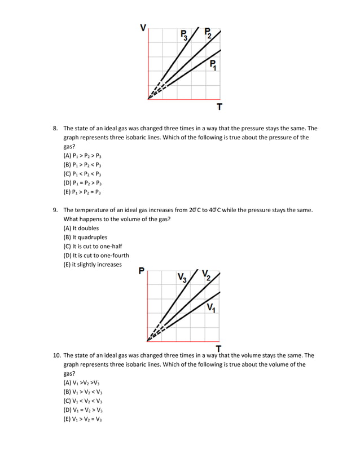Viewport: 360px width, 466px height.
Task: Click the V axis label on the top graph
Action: click(143, 27)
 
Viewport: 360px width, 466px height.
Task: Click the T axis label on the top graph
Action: click(219, 107)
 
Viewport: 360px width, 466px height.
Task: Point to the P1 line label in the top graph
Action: click(213, 64)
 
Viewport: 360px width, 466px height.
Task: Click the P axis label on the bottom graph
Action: click(142, 271)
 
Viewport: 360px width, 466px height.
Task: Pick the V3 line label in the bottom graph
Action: click(182, 278)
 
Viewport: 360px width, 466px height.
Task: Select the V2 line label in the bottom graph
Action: click(206, 276)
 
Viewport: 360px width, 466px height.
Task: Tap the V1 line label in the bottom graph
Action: click(211, 308)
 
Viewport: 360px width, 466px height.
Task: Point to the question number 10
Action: click(56, 355)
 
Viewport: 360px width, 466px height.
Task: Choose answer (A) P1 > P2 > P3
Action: click(82, 155)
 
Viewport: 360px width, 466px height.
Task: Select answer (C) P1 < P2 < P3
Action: click(82, 174)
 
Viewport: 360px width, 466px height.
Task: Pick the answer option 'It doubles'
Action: click(81, 228)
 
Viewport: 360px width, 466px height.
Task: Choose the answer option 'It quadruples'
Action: click(85, 237)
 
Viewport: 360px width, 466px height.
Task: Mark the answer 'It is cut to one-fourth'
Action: click(96, 256)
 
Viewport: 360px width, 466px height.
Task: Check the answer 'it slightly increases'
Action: click(93, 265)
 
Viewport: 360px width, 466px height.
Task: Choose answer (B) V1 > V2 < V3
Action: click(83, 392)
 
